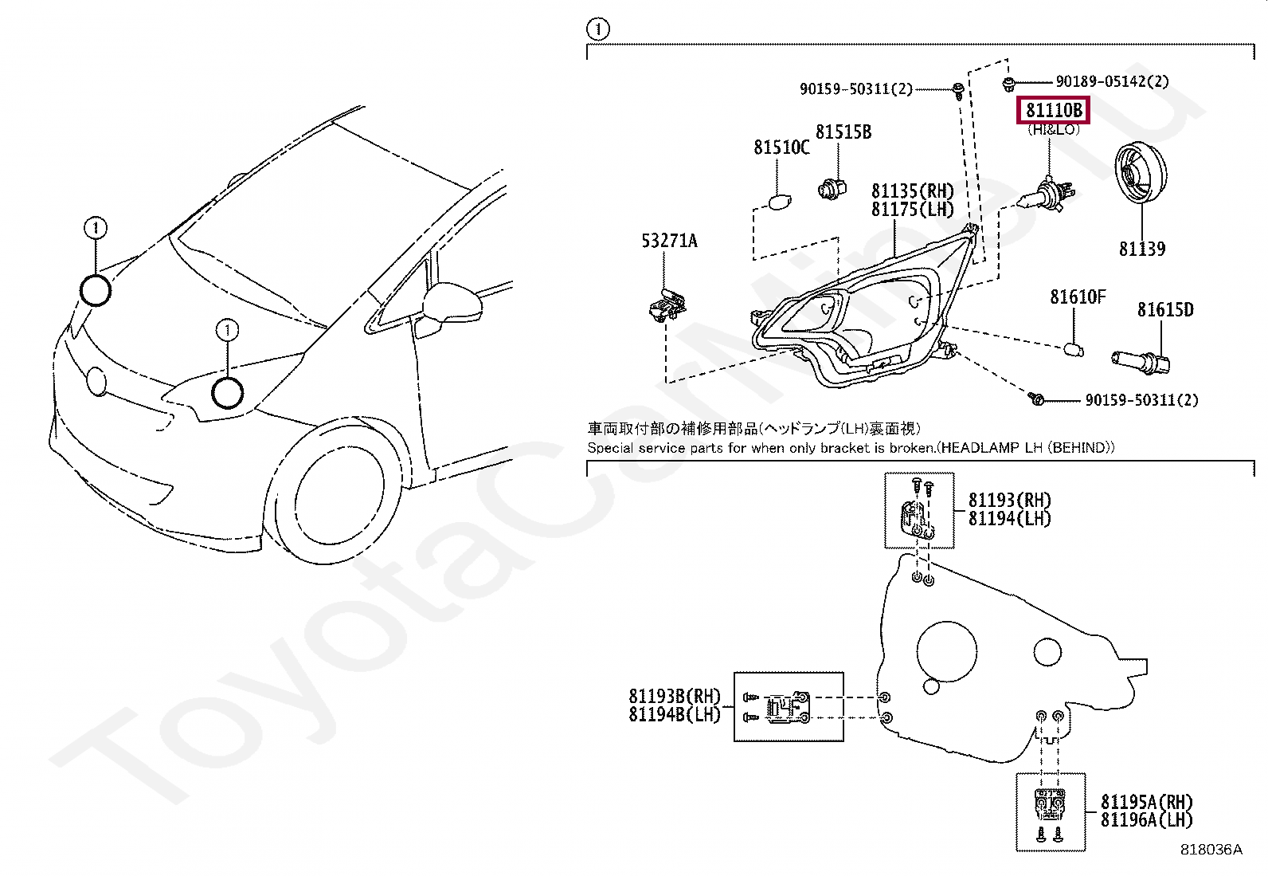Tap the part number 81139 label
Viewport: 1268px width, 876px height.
tap(1141, 249)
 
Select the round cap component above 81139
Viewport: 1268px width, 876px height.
tap(1139, 172)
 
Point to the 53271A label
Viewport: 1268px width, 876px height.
tap(669, 240)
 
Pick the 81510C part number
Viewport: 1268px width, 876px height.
tap(781, 147)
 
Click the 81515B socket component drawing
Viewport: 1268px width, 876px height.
tap(832, 189)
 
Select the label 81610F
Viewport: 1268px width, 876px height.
tap(1077, 297)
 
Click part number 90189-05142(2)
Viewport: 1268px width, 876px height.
tap(1112, 81)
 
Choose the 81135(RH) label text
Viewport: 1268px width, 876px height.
tap(912, 191)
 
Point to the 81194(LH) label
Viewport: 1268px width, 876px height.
tap(1009, 519)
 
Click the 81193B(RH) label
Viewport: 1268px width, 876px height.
tap(674, 696)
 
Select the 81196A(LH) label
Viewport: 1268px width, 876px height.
tap(1146, 820)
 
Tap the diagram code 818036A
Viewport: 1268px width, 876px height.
tap(1210, 850)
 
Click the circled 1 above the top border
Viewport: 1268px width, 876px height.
tap(597, 30)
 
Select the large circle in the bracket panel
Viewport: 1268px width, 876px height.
tap(946, 651)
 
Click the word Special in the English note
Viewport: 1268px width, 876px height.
tap(612, 448)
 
